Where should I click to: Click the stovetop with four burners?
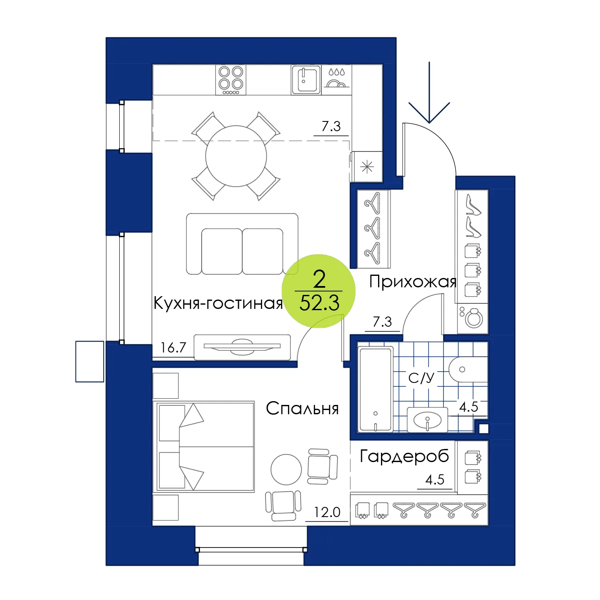point(231,80)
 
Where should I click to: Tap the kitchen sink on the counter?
point(306,80)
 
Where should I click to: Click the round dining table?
point(236,156)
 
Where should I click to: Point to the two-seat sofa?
point(242,244)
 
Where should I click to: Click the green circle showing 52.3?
point(319,291)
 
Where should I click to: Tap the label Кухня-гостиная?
point(218,303)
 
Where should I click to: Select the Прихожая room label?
point(413,282)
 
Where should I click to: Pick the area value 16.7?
point(173,348)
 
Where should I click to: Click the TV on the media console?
point(242,346)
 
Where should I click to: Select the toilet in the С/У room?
point(467,370)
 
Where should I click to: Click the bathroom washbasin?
point(427,420)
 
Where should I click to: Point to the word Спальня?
point(302,408)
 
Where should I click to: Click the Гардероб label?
point(404,457)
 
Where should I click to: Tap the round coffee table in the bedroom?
point(286,469)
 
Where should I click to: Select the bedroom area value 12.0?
point(327,512)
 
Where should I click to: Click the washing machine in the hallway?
point(473,318)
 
